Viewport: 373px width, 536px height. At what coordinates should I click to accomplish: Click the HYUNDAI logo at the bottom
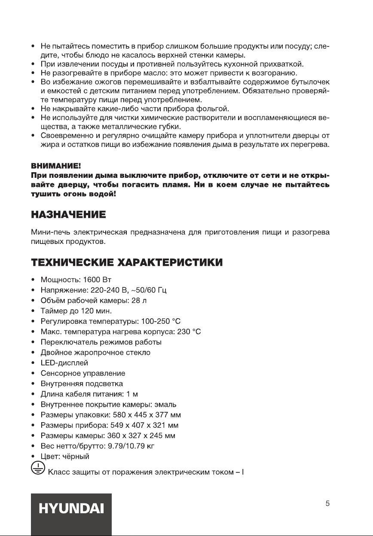(x=71, y=514)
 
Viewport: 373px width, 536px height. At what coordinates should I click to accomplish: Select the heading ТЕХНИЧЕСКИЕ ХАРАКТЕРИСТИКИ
(x=126, y=262)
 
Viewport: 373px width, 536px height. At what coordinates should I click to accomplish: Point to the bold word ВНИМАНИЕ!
(x=51, y=165)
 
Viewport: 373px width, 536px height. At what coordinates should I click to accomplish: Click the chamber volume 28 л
(x=138, y=301)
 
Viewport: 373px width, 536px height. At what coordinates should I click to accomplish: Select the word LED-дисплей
(x=64, y=362)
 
